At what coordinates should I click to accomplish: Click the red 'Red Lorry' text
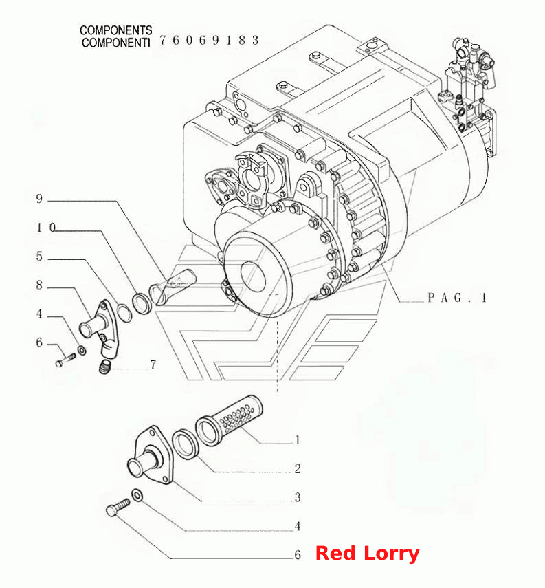coord(367,554)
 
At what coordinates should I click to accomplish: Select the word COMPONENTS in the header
coord(116,30)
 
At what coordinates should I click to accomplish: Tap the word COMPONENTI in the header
coord(116,43)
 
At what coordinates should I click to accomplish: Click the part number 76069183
coord(209,40)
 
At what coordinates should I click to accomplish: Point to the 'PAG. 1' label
coord(457,298)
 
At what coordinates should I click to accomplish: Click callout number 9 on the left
coord(39,199)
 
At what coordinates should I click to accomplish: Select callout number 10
coord(46,228)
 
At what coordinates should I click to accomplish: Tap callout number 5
coord(39,257)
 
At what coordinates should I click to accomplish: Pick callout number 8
coord(39,285)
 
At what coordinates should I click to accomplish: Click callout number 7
coord(153,364)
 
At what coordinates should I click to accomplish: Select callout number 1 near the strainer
coord(298,440)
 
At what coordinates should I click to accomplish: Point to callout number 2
coord(298,468)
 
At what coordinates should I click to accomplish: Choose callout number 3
coord(298,497)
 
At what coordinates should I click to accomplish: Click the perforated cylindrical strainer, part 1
coord(229,420)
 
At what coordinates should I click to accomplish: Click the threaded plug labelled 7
coord(105,366)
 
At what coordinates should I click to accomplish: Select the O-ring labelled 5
coord(124,313)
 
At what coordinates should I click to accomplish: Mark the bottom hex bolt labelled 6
coord(118,507)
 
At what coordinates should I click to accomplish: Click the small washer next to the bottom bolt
coord(137,495)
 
